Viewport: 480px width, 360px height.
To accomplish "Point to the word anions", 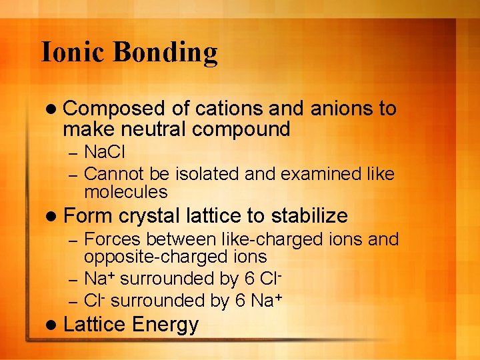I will [x=337, y=109].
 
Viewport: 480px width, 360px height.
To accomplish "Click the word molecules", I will [x=125, y=192].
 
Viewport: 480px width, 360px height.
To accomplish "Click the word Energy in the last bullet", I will [x=165, y=325].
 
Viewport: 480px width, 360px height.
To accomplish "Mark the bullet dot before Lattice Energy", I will [x=53, y=325].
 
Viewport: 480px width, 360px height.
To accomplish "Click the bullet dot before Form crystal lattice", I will [x=53, y=216].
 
